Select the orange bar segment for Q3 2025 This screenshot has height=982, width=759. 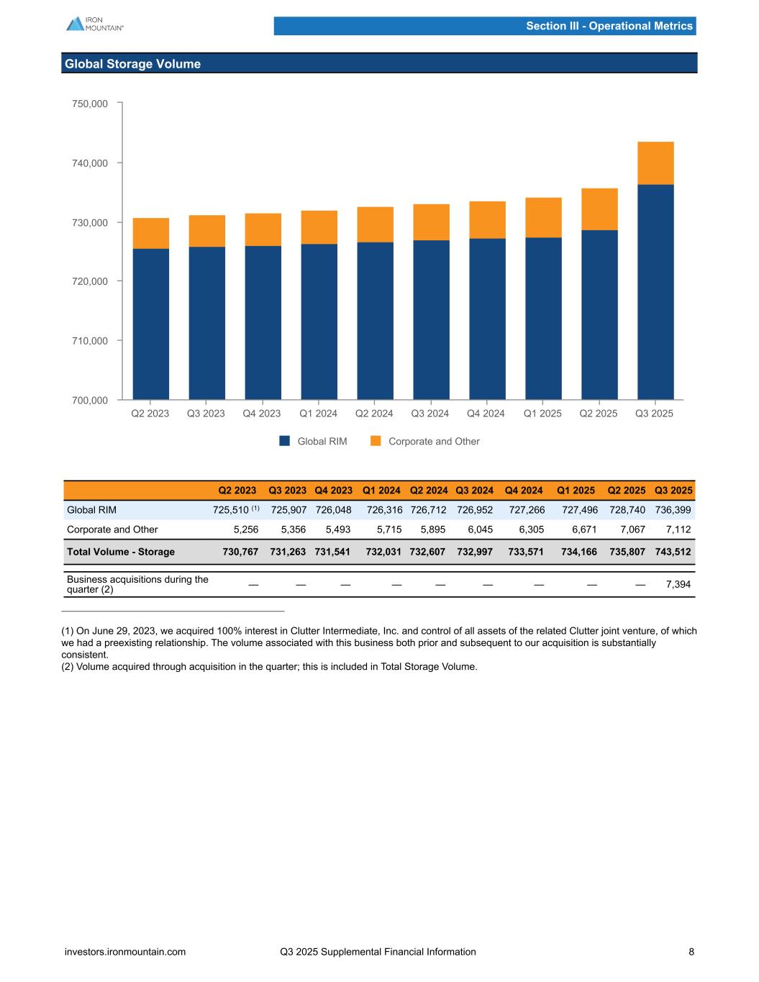655,163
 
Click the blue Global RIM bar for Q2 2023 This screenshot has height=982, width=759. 151,324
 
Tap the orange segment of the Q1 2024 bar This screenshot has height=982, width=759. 319,227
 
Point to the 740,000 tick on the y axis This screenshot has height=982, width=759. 90,163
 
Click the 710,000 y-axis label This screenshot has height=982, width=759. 90,340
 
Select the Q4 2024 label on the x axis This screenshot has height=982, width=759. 486,414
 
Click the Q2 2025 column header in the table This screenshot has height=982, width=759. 626,491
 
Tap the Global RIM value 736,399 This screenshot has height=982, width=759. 673,510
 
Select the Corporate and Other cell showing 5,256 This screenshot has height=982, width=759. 244,529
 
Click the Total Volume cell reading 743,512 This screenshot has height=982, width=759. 673,552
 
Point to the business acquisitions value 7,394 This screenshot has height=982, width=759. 678,585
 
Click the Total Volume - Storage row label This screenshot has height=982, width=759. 121,552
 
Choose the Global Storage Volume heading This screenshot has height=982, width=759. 133,64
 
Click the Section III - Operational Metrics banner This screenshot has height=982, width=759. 609,26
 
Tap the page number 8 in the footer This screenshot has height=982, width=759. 691,952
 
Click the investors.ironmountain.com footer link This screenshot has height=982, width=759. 125,952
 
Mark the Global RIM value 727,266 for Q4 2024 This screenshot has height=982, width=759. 527,510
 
